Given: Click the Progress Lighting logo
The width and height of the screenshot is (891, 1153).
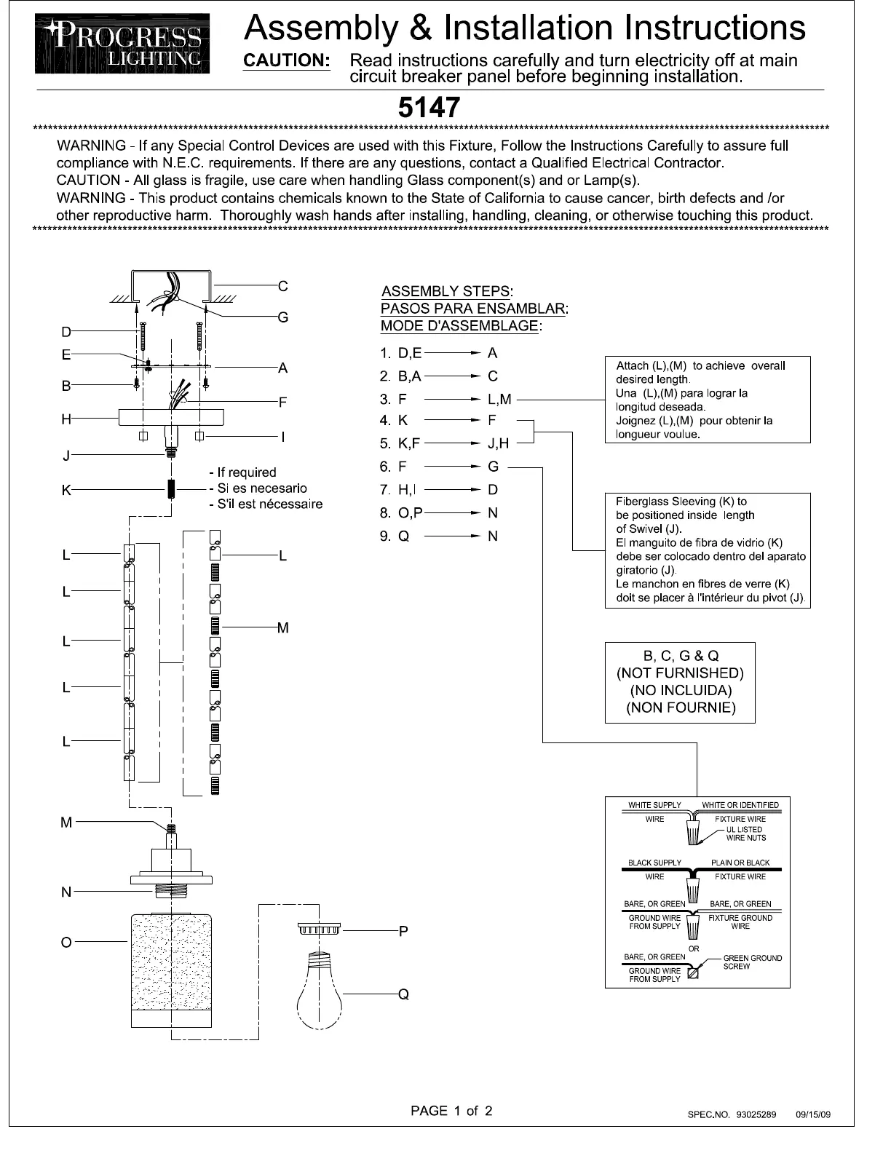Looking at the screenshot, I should [122, 43].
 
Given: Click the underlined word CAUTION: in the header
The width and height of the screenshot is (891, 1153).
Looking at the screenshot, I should [287, 61].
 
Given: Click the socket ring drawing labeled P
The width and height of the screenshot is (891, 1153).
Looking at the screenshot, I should [320, 930].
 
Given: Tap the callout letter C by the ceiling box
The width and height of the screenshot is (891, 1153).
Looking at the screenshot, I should [283, 286].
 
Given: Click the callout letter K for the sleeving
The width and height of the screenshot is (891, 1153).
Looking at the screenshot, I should [66, 490].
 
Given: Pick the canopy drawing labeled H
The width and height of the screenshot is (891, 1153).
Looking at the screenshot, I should [171, 417].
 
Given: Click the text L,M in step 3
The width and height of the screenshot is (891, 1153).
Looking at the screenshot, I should [499, 399].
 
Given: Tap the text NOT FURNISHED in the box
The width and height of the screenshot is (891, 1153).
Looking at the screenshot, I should [681, 673].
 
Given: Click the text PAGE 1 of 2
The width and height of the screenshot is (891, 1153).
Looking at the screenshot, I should [451, 1111].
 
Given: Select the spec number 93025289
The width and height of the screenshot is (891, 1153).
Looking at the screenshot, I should [756, 1114].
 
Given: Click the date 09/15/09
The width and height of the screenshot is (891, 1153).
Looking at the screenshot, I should [813, 1114].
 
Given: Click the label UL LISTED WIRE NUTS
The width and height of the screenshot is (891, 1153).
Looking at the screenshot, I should [745, 833].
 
